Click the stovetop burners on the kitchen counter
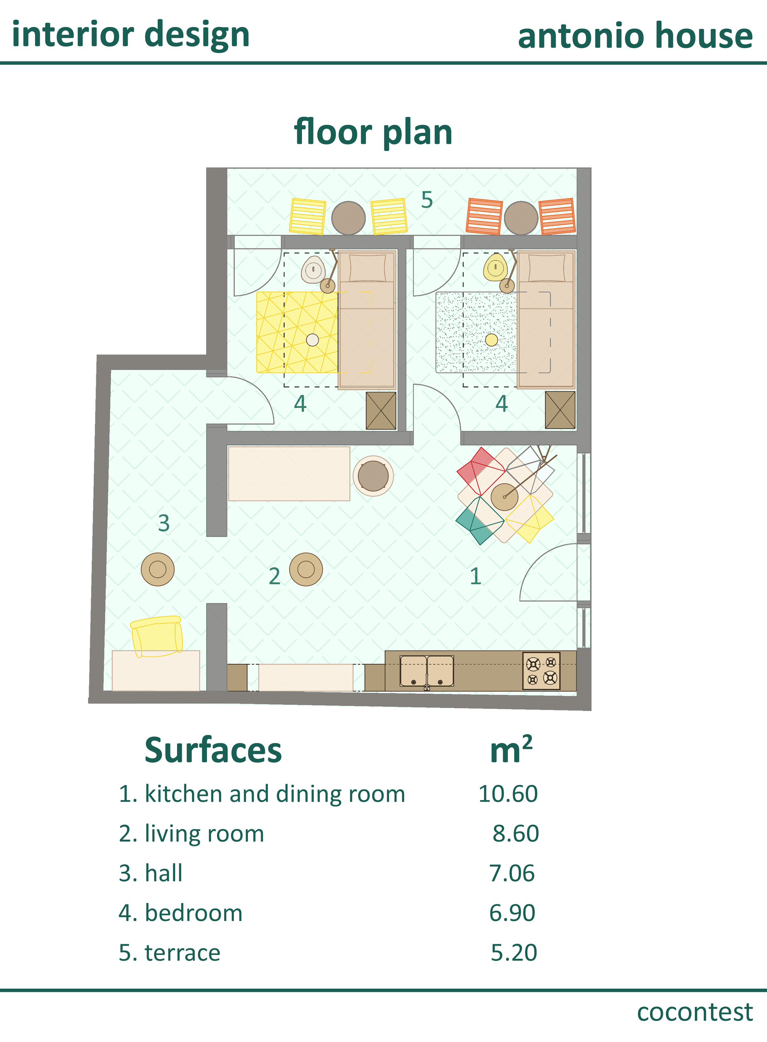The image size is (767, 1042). tap(541, 671)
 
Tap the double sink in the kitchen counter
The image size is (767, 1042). tap(427, 671)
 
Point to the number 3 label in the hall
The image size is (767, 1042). tap(163, 523)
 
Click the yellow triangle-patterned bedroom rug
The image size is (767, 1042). tap(297, 332)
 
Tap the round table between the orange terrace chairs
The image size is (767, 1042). tap(521, 218)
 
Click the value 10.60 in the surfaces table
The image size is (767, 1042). tap(508, 794)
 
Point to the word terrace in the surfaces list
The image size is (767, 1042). tap(182, 953)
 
